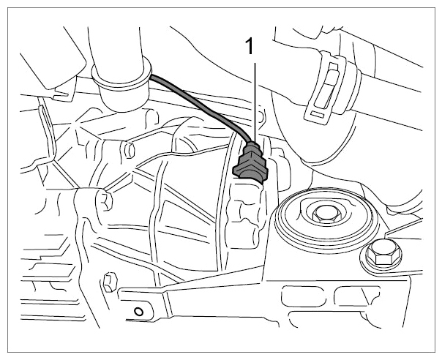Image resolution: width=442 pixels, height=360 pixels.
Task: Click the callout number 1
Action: tap(250, 47)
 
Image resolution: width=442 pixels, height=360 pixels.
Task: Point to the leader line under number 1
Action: tap(255, 102)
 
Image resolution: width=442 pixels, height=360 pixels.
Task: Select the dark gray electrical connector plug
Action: tap(250, 164)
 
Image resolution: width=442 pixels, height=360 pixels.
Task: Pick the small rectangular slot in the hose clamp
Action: tap(319, 114)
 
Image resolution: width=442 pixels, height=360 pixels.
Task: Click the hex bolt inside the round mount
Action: tap(327, 214)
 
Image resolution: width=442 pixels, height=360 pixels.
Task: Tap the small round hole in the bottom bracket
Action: tap(139, 312)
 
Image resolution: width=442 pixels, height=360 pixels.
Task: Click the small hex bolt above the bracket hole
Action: tap(110, 282)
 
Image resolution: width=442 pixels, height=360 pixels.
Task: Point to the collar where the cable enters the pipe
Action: tap(121, 75)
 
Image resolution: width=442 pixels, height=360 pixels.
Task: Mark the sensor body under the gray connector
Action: tap(246, 214)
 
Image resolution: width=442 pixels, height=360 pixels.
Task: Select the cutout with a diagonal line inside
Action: tap(357, 296)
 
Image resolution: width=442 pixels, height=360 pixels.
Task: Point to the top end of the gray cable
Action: tap(150, 77)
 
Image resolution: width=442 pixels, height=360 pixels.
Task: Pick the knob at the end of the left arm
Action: tap(105, 200)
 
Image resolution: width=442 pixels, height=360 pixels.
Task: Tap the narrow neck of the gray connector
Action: tap(252, 146)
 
